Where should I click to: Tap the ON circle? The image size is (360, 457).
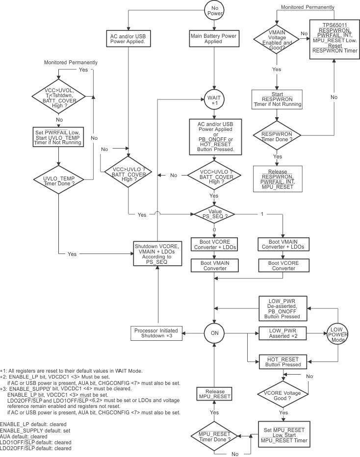(214, 333)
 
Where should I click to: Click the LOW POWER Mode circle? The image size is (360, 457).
(337, 334)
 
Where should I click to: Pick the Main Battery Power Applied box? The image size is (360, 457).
(214, 39)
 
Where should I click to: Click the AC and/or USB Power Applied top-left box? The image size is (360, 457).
(128, 39)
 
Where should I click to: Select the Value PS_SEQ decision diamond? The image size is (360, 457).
(214, 214)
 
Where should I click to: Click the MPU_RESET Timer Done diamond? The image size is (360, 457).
(214, 435)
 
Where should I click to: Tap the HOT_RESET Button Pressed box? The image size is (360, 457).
(283, 362)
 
